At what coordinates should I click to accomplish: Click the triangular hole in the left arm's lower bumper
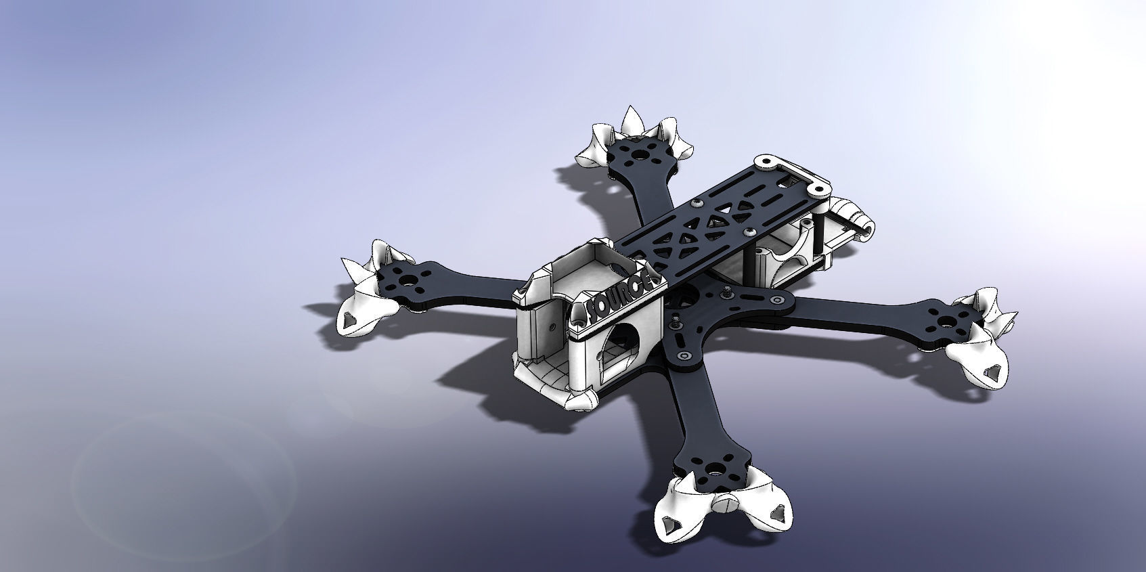pyautogui.click(x=351, y=319)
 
